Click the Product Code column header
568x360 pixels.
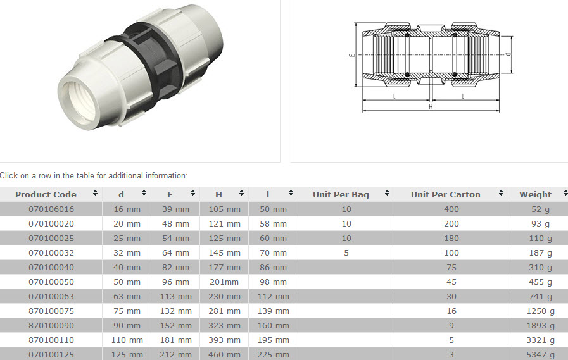[x=46, y=194]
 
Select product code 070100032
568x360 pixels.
[x=51, y=253]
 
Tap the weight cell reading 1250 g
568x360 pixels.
[x=540, y=311]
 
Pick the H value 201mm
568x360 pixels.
[x=224, y=282]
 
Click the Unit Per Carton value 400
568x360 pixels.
[x=451, y=209]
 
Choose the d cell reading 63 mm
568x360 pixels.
[x=127, y=297]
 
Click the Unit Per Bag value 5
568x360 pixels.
[x=346, y=253]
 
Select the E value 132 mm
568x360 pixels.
[x=175, y=311]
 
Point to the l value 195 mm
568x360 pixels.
[x=273, y=340]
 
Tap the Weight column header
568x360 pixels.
[x=535, y=194]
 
